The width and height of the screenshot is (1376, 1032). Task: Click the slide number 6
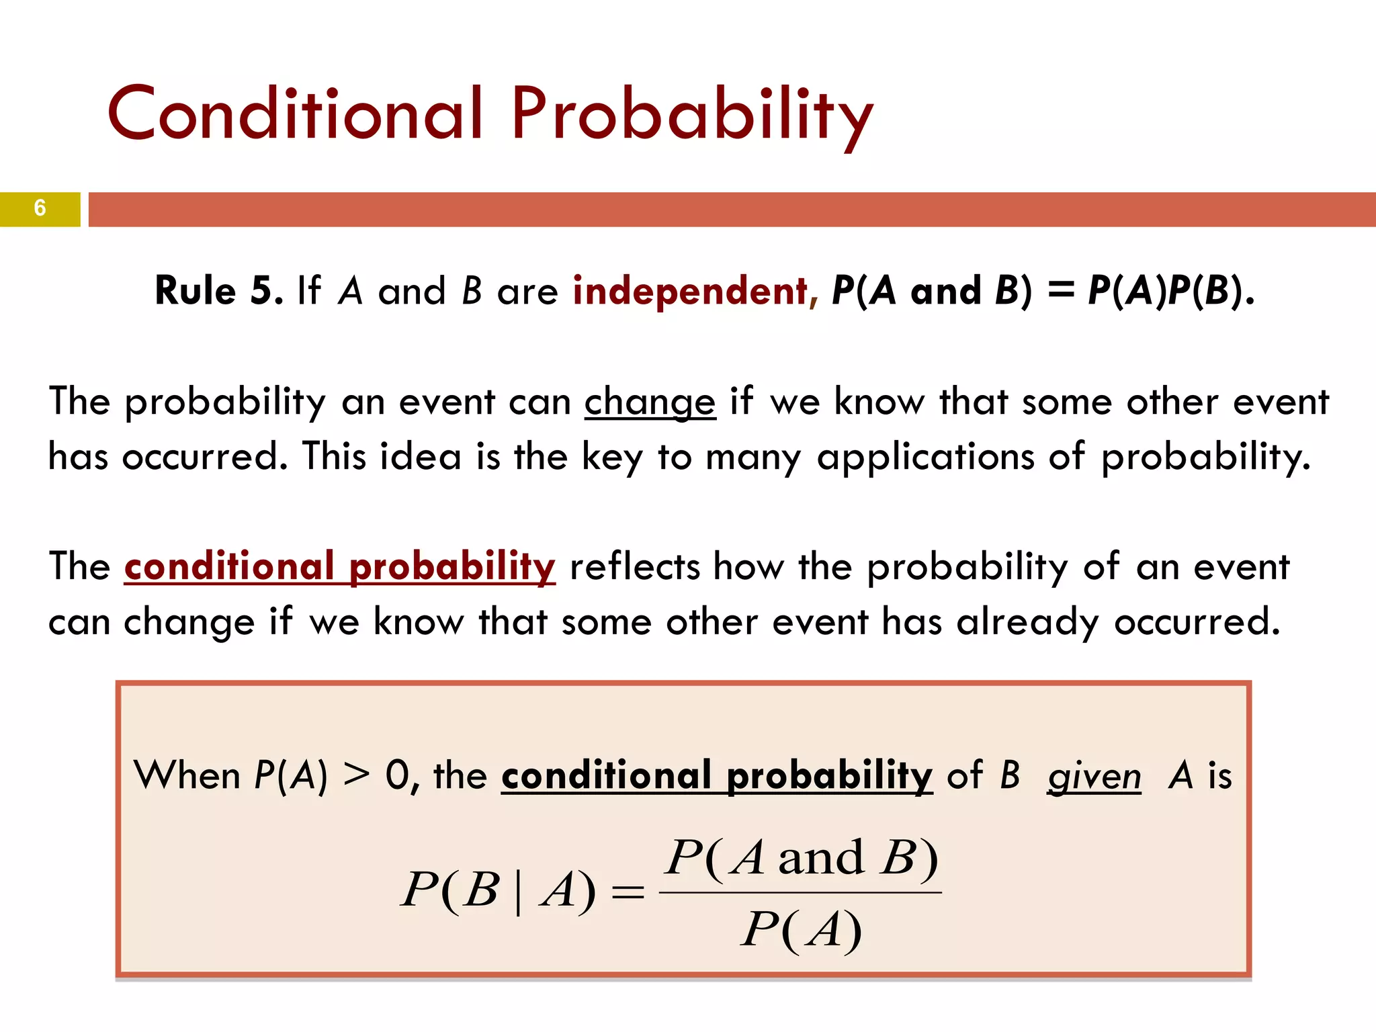pyautogui.click(x=40, y=208)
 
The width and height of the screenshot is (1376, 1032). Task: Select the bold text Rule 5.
pyautogui.click(x=219, y=291)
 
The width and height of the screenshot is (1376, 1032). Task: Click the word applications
pyautogui.click(x=925, y=457)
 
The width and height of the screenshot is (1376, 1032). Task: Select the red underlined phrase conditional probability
pyautogui.click(x=340, y=566)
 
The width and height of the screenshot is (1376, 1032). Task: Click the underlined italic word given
pyautogui.click(x=1094, y=777)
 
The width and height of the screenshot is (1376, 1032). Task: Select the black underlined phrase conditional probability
pyautogui.click(x=717, y=776)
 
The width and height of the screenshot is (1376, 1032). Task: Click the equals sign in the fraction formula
pyautogui.click(x=628, y=894)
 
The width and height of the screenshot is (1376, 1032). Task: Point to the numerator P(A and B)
pyautogui.click(x=802, y=858)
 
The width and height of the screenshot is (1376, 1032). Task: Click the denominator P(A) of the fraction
pyautogui.click(x=801, y=931)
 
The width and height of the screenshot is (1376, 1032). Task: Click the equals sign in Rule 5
pyautogui.click(x=1060, y=291)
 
